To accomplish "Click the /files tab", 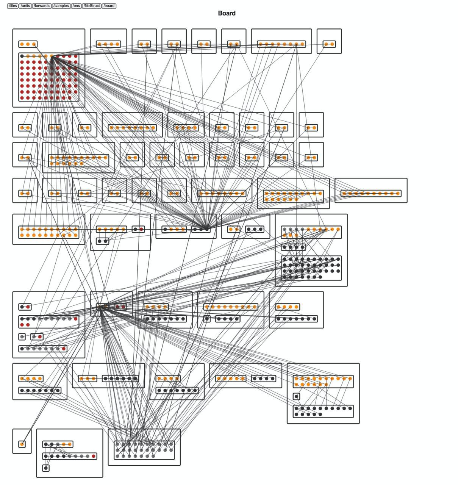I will (x=13, y=6).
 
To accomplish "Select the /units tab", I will (x=25, y=6).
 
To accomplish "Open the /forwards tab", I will (x=42, y=6).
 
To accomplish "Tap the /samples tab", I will (x=61, y=6).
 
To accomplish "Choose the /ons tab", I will (x=76, y=6).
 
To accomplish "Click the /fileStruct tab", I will (x=92, y=6).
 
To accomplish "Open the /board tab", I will (x=109, y=6).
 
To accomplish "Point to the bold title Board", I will (x=227, y=13).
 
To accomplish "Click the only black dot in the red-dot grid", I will (x=22, y=56).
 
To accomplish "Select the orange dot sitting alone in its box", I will (x=22, y=444).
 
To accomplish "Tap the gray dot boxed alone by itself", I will (x=22, y=337).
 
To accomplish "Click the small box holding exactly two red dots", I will (x=120, y=307).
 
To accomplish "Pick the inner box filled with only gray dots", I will (x=144, y=450).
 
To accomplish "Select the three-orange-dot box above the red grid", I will (x=28, y=44).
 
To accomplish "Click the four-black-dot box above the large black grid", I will (x=293, y=247).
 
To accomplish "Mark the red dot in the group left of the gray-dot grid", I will (x=94, y=456).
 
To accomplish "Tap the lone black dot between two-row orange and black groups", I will (x=296, y=397).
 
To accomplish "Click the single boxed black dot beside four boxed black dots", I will (x=207, y=319).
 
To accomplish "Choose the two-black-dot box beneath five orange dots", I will (x=102, y=241).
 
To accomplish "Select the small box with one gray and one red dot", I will (x=37, y=337).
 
